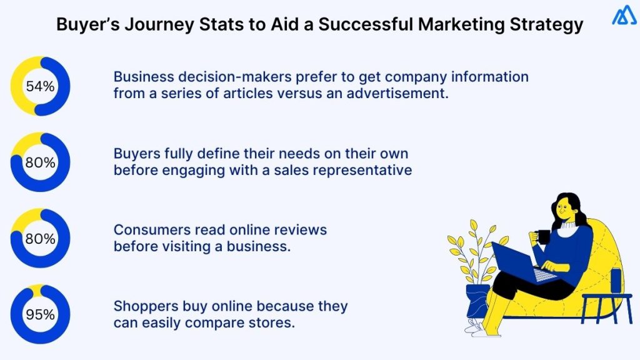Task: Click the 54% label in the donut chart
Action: [40, 87]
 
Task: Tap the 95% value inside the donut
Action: [40, 314]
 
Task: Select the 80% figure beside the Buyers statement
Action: [40, 162]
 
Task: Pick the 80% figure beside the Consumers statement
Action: [40, 239]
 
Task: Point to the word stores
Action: [273, 324]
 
